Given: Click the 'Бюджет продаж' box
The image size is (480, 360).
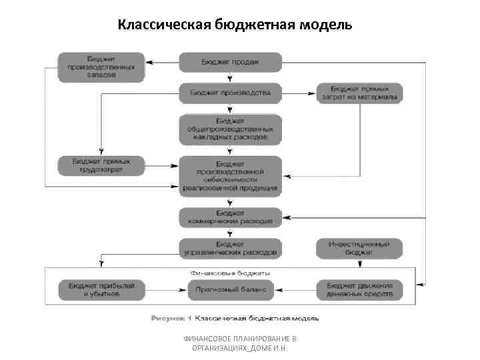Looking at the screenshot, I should [230, 62].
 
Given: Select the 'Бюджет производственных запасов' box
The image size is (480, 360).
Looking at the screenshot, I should [100, 67].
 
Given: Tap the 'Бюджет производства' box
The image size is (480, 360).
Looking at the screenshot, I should [230, 93].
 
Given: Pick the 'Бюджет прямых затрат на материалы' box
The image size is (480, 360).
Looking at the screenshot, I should [359, 93].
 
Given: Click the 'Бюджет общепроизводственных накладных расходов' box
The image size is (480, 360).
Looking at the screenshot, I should [230, 129].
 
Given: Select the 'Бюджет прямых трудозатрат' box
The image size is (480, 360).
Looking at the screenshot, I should [100, 166].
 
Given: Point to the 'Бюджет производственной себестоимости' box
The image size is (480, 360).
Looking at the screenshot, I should [230, 175].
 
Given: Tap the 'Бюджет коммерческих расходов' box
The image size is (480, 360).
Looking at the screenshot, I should [230, 217].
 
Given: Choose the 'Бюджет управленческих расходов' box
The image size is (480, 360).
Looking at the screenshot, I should [230, 248].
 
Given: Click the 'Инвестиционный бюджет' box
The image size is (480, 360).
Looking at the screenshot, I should [359, 248].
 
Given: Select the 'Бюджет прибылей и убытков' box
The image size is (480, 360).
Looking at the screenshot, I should [100, 289].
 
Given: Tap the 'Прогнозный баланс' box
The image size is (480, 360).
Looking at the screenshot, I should [230, 289].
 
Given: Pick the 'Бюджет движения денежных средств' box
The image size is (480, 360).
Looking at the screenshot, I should [359, 289].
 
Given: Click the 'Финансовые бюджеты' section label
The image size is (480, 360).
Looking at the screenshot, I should [230, 273].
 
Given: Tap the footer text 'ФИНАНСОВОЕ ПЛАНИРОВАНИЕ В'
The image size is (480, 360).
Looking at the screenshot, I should [240, 339].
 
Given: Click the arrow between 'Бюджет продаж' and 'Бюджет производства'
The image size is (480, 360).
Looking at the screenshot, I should [230, 77].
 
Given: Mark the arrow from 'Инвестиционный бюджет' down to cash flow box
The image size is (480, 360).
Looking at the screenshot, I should [359, 269].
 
